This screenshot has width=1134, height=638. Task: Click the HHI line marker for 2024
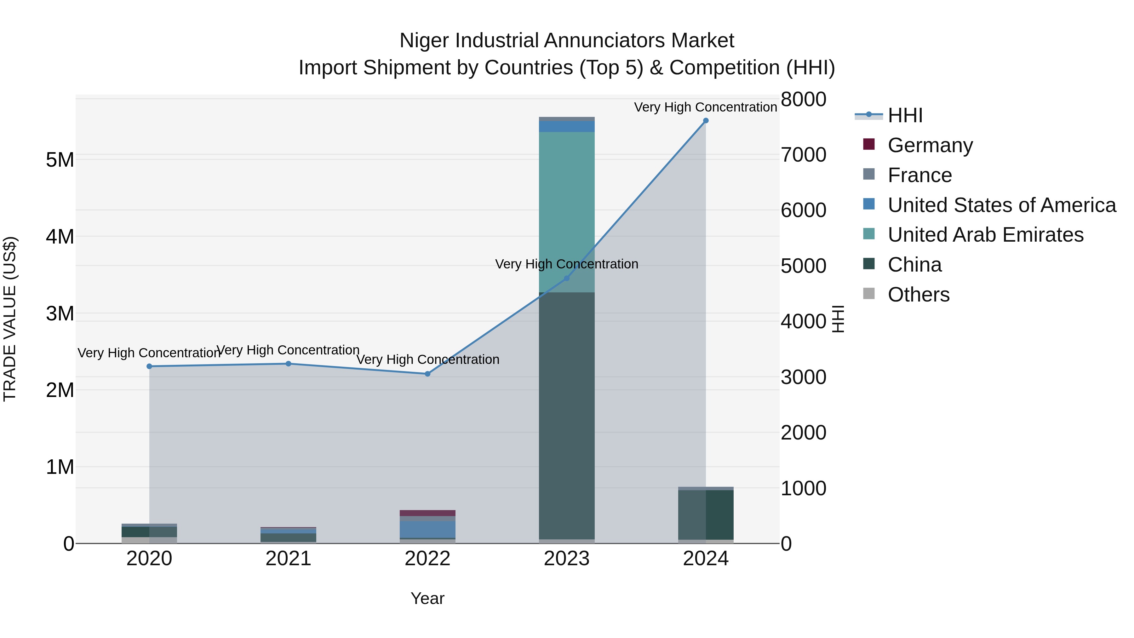point(706,121)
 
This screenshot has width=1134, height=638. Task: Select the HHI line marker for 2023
point(567,278)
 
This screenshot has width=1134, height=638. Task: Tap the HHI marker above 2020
point(149,366)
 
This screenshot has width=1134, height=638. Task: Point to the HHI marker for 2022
point(427,374)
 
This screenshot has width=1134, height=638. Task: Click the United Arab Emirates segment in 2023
point(567,211)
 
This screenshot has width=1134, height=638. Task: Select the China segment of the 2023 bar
point(567,414)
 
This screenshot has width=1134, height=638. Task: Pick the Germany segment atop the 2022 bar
point(427,513)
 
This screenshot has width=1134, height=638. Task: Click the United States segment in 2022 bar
point(427,529)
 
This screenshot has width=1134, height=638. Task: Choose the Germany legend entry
point(930,145)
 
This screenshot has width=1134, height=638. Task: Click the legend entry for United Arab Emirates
point(985,235)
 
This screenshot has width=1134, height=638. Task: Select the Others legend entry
point(918,295)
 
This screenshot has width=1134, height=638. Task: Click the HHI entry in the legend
point(905,115)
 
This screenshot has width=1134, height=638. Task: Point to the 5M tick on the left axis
point(60,160)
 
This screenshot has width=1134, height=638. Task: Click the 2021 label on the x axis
point(288,559)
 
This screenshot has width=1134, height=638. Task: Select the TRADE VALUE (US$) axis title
point(10,319)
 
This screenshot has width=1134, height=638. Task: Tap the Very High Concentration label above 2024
point(705,107)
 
